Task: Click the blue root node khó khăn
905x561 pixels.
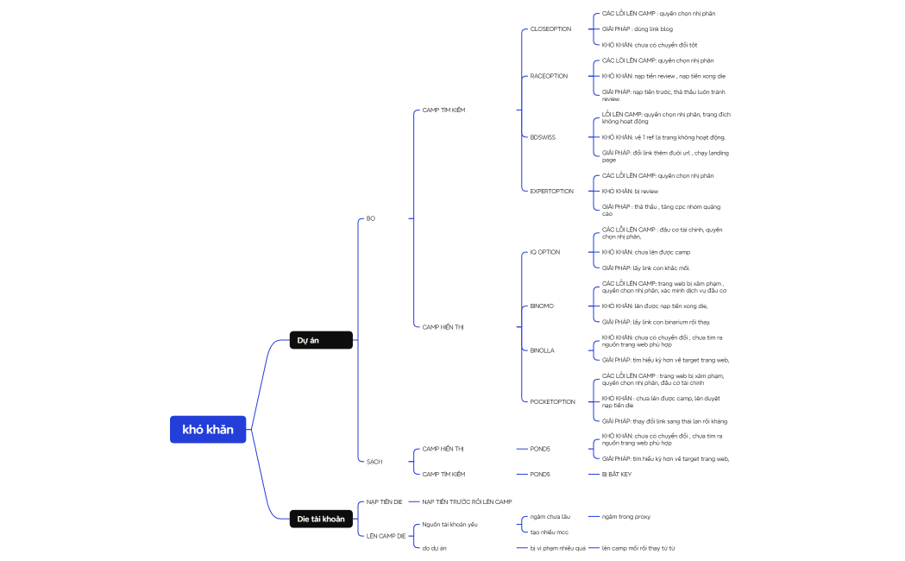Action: tap(208, 429)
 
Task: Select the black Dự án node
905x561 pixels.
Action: tap(321, 340)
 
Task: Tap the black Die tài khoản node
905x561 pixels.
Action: tap(321, 519)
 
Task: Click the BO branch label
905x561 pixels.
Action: tap(371, 218)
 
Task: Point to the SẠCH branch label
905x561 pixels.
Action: tap(374, 462)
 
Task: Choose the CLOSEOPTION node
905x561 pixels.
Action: tap(550, 28)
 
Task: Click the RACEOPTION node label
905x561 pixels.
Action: tap(549, 76)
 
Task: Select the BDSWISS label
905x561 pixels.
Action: tap(543, 137)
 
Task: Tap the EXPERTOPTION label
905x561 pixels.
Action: tap(551, 191)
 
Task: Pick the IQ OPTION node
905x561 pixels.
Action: tap(544, 252)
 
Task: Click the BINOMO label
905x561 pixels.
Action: tap(542, 306)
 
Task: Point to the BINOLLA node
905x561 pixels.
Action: tap(542, 350)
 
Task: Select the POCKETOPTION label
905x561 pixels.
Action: tap(552, 401)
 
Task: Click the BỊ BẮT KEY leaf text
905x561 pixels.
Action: tap(616, 474)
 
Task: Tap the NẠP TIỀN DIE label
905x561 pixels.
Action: tap(384, 501)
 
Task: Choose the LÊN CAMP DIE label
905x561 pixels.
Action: tap(386, 535)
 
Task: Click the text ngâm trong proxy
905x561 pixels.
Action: tap(625, 516)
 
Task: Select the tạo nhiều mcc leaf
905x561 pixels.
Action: tap(549, 532)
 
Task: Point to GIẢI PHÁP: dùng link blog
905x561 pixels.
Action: tap(637, 28)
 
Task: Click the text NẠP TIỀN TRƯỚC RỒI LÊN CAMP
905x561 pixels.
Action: tap(467, 501)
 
